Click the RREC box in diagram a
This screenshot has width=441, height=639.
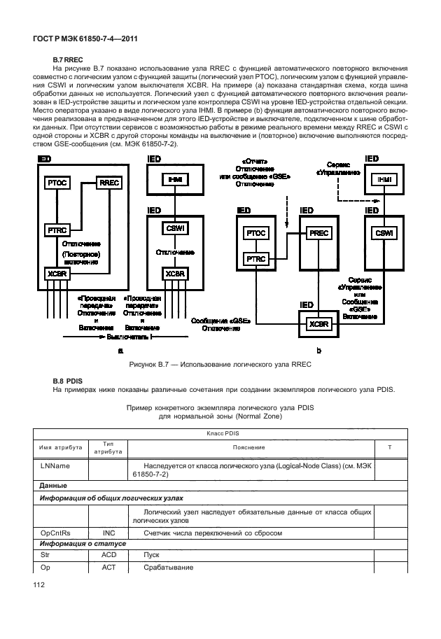[111, 183]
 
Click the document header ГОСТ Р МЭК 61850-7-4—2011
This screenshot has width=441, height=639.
[83, 40]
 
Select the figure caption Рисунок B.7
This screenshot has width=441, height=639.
[220, 364]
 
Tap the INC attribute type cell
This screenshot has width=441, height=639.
[108, 533]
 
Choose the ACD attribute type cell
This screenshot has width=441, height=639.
[108, 554]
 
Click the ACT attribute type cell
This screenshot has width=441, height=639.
[108, 567]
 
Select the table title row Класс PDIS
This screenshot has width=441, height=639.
[220, 435]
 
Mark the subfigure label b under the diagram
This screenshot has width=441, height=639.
[318, 349]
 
